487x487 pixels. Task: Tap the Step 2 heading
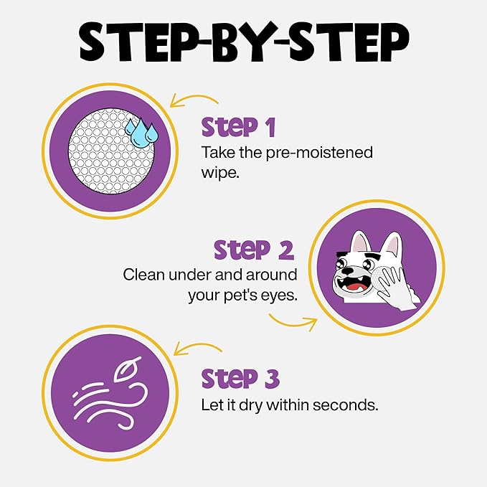254,250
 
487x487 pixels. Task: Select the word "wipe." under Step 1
220,173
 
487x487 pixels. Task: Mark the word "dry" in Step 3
253,405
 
